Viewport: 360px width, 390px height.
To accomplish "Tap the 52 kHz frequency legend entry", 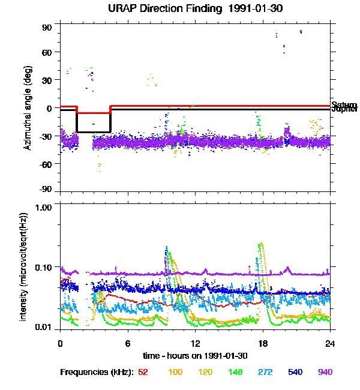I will coord(143,372).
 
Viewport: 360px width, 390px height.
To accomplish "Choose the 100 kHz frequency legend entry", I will coord(175,372).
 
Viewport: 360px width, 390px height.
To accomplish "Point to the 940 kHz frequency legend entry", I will coord(324,372).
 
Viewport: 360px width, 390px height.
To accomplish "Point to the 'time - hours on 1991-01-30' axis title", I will coord(195,356).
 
